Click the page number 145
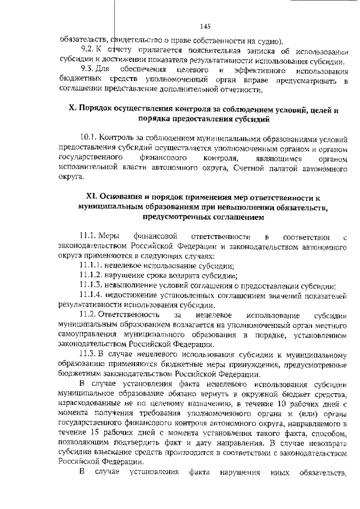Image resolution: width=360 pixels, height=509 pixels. pyautogui.click(x=204, y=26)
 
